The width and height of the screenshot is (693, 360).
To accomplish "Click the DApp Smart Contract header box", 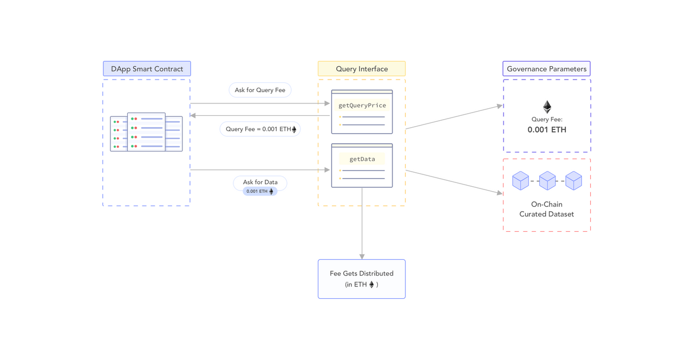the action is (147, 69).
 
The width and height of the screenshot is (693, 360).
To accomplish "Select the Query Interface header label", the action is (362, 69).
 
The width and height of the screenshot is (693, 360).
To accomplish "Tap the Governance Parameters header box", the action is (546, 69).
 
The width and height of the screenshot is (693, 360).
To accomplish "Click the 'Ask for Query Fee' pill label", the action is (260, 90).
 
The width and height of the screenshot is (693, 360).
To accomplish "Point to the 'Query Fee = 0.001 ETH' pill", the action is (260, 129).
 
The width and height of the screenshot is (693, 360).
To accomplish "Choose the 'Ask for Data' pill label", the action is (260, 182).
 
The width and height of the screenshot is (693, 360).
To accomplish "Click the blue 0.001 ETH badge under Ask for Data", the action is (260, 191).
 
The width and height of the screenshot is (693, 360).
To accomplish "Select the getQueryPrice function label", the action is (362, 106).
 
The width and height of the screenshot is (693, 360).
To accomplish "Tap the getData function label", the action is (362, 159).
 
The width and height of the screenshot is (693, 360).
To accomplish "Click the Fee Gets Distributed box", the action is (362, 279).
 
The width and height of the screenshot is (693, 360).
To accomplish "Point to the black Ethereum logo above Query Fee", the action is (547, 107).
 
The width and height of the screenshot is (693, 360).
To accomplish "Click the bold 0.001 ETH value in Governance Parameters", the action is (547, 129).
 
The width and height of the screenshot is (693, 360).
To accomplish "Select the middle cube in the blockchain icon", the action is (547, 181).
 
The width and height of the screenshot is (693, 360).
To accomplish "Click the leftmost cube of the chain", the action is (521, 181).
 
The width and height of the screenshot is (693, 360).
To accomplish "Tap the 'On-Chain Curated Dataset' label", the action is (546, 209).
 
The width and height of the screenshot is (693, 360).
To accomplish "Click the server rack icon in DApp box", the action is (146, 132).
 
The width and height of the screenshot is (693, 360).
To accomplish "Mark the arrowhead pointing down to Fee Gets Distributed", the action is (362, 257).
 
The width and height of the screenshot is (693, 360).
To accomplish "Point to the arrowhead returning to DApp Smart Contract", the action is (193, 115).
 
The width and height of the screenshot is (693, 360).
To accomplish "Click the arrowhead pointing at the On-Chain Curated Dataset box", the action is (500, 193).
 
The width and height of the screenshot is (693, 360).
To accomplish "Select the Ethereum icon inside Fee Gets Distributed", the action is (371, 285).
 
